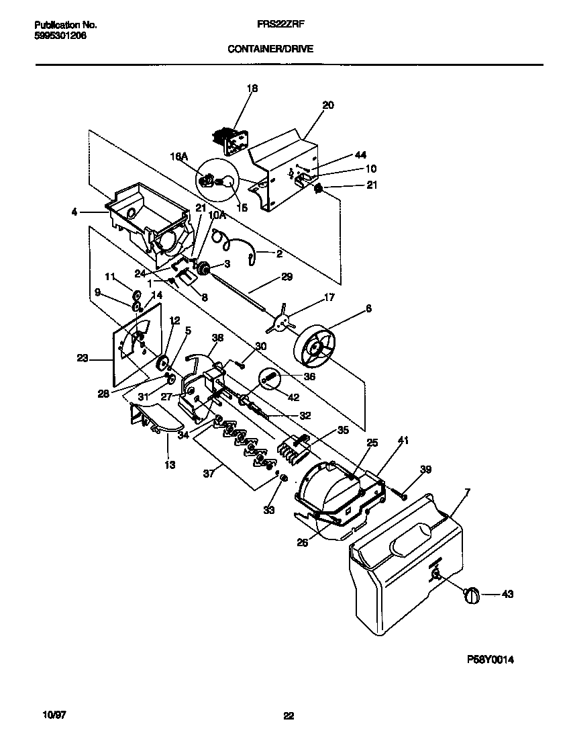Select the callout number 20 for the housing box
(327, 105)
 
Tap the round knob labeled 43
(472, 594)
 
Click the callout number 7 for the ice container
(467, 493)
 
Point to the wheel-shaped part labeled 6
(317, 350)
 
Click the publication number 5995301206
(60, 36)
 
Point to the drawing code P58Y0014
(490, 660)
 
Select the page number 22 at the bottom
(289, 715)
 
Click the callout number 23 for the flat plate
(82, 359)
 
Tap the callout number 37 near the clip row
(209, 474)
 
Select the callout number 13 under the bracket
(170, 464)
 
